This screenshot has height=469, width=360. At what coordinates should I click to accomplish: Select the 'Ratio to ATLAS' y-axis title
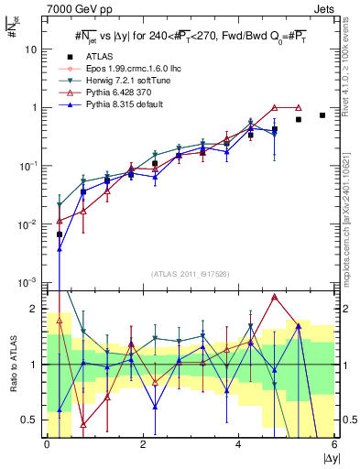(x=13, y=364)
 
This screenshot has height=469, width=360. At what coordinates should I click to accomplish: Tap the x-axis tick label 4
(x=238, y=445)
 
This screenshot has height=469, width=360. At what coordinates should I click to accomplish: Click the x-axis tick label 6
(x=334, y=445)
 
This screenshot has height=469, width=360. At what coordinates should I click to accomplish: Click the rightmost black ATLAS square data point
(x=322, y=115)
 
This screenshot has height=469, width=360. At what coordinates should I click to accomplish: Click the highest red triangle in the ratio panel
(x=275, y=297)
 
